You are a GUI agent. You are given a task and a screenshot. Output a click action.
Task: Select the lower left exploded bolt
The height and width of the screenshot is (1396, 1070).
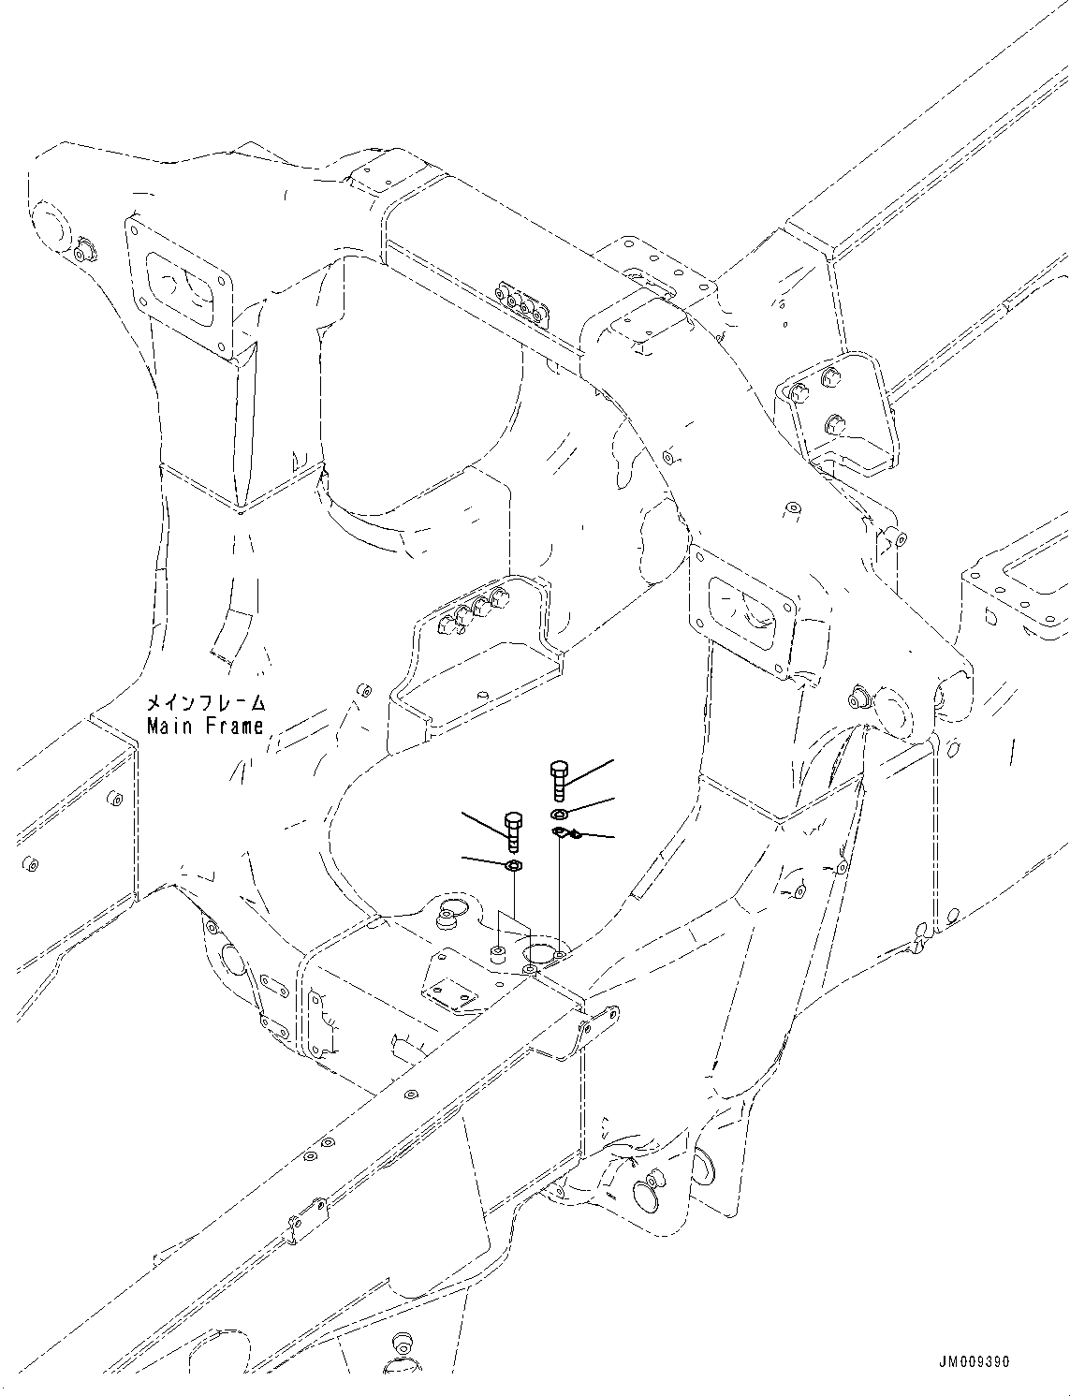coord(513,828)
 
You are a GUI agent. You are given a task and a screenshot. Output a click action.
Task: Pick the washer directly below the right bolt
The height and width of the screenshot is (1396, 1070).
coord(559,813)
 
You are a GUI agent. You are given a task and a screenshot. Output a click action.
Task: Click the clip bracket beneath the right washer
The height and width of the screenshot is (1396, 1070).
coord(565,832)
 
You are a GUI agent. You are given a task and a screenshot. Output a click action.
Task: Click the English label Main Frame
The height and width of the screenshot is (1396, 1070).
coord(205,726)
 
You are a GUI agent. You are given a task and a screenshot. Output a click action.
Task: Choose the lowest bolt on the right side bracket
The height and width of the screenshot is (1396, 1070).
coord(831,426)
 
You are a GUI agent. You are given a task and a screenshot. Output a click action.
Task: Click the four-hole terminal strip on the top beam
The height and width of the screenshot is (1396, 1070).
coord(520,305)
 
